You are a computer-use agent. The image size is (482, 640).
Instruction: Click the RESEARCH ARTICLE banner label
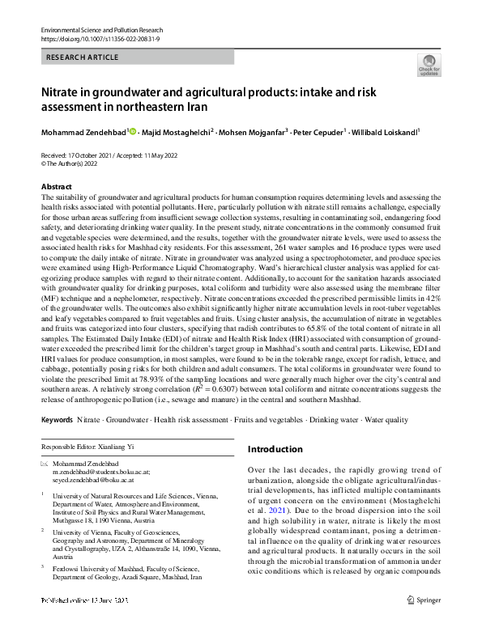(x=83, y=57)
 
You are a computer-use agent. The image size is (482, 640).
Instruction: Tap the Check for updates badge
(x=427, y=65)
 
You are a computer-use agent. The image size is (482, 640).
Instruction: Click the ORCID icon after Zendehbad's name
(x=132, y=131)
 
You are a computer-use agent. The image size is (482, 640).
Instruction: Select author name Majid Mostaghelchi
(x=177, y=131)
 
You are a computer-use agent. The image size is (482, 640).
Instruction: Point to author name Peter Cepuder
(x=320, y=131)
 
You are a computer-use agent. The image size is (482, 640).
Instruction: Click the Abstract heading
(x=56, y=187)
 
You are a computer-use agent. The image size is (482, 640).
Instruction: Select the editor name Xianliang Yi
(x=122, y=447)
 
